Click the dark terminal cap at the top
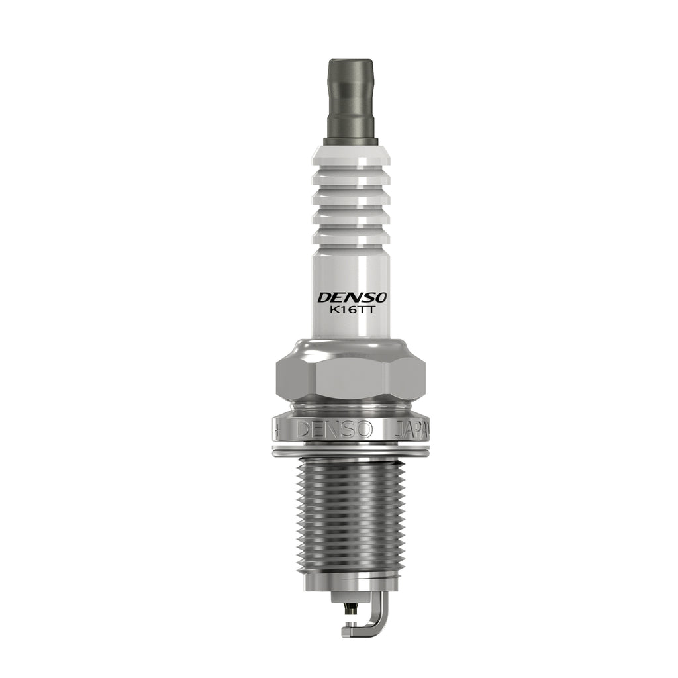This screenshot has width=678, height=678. pyautogui.click(x=351, y=99)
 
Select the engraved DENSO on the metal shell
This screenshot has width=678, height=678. pyautogui.click(x=334, y=430)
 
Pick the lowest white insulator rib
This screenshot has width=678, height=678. pyautogui.click(x=351, y=237)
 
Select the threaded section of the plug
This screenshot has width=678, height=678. pyautogui.click(x=351, y=514)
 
